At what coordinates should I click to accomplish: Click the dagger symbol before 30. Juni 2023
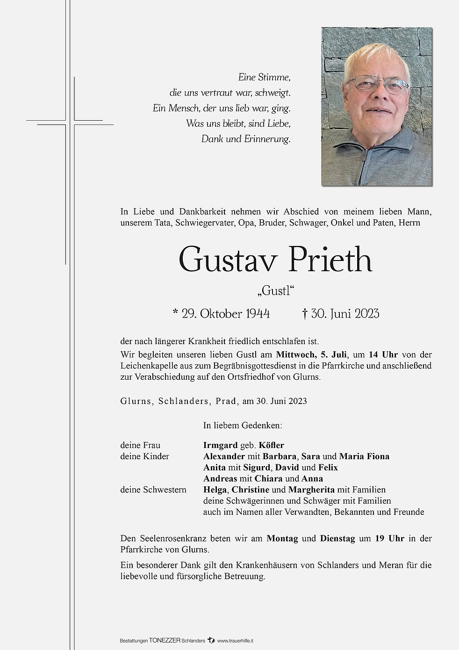pos(305,313)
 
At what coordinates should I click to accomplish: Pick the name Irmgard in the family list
pos(220,445)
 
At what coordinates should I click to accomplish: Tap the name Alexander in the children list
pos(224,456)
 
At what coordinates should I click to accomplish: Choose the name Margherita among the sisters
pos(311,490)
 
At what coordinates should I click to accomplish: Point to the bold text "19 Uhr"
pos(389,538)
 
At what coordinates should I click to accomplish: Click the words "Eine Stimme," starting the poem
pos(265,77)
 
